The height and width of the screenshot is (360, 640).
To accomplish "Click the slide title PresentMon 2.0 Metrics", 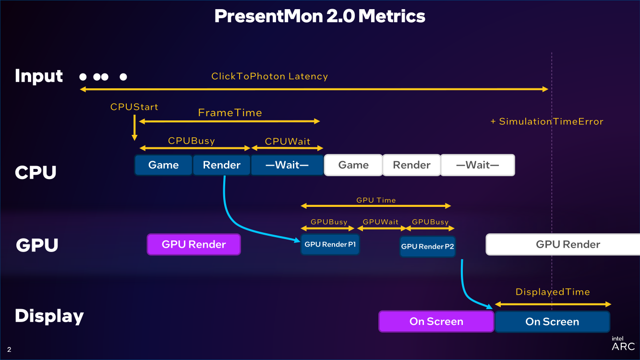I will [320, 16].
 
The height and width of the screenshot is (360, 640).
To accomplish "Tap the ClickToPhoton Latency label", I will [269, 76].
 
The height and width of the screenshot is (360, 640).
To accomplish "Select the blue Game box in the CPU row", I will [163, 165].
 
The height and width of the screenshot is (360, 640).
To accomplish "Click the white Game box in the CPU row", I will [353, 165].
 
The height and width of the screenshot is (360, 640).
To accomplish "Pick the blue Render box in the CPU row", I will [221, 165].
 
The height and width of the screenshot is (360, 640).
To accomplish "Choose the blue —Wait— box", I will [287, 165].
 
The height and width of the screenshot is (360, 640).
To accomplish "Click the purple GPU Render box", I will [193, 244].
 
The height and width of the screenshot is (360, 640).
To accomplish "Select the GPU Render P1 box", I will [330, 244].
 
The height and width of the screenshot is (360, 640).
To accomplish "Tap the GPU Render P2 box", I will [427, 246].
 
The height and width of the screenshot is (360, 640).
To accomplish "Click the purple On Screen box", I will [436, 322].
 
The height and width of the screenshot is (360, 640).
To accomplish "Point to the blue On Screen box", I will [552, 322].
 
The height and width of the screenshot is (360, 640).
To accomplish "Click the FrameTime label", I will [230, 113].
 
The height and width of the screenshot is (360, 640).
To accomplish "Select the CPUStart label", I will [134, 107].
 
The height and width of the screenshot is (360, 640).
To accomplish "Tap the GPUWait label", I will [381, 222].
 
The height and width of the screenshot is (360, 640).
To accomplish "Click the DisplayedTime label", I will [553, 292].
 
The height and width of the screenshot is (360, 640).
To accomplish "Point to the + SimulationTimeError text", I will [546, 121].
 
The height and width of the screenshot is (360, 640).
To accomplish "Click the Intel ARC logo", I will [623, 343].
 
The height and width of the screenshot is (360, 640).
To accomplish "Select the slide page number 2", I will [9, 349].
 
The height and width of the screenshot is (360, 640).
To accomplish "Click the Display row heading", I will [49, 316].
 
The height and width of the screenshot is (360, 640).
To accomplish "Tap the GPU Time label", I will [376, 200].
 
